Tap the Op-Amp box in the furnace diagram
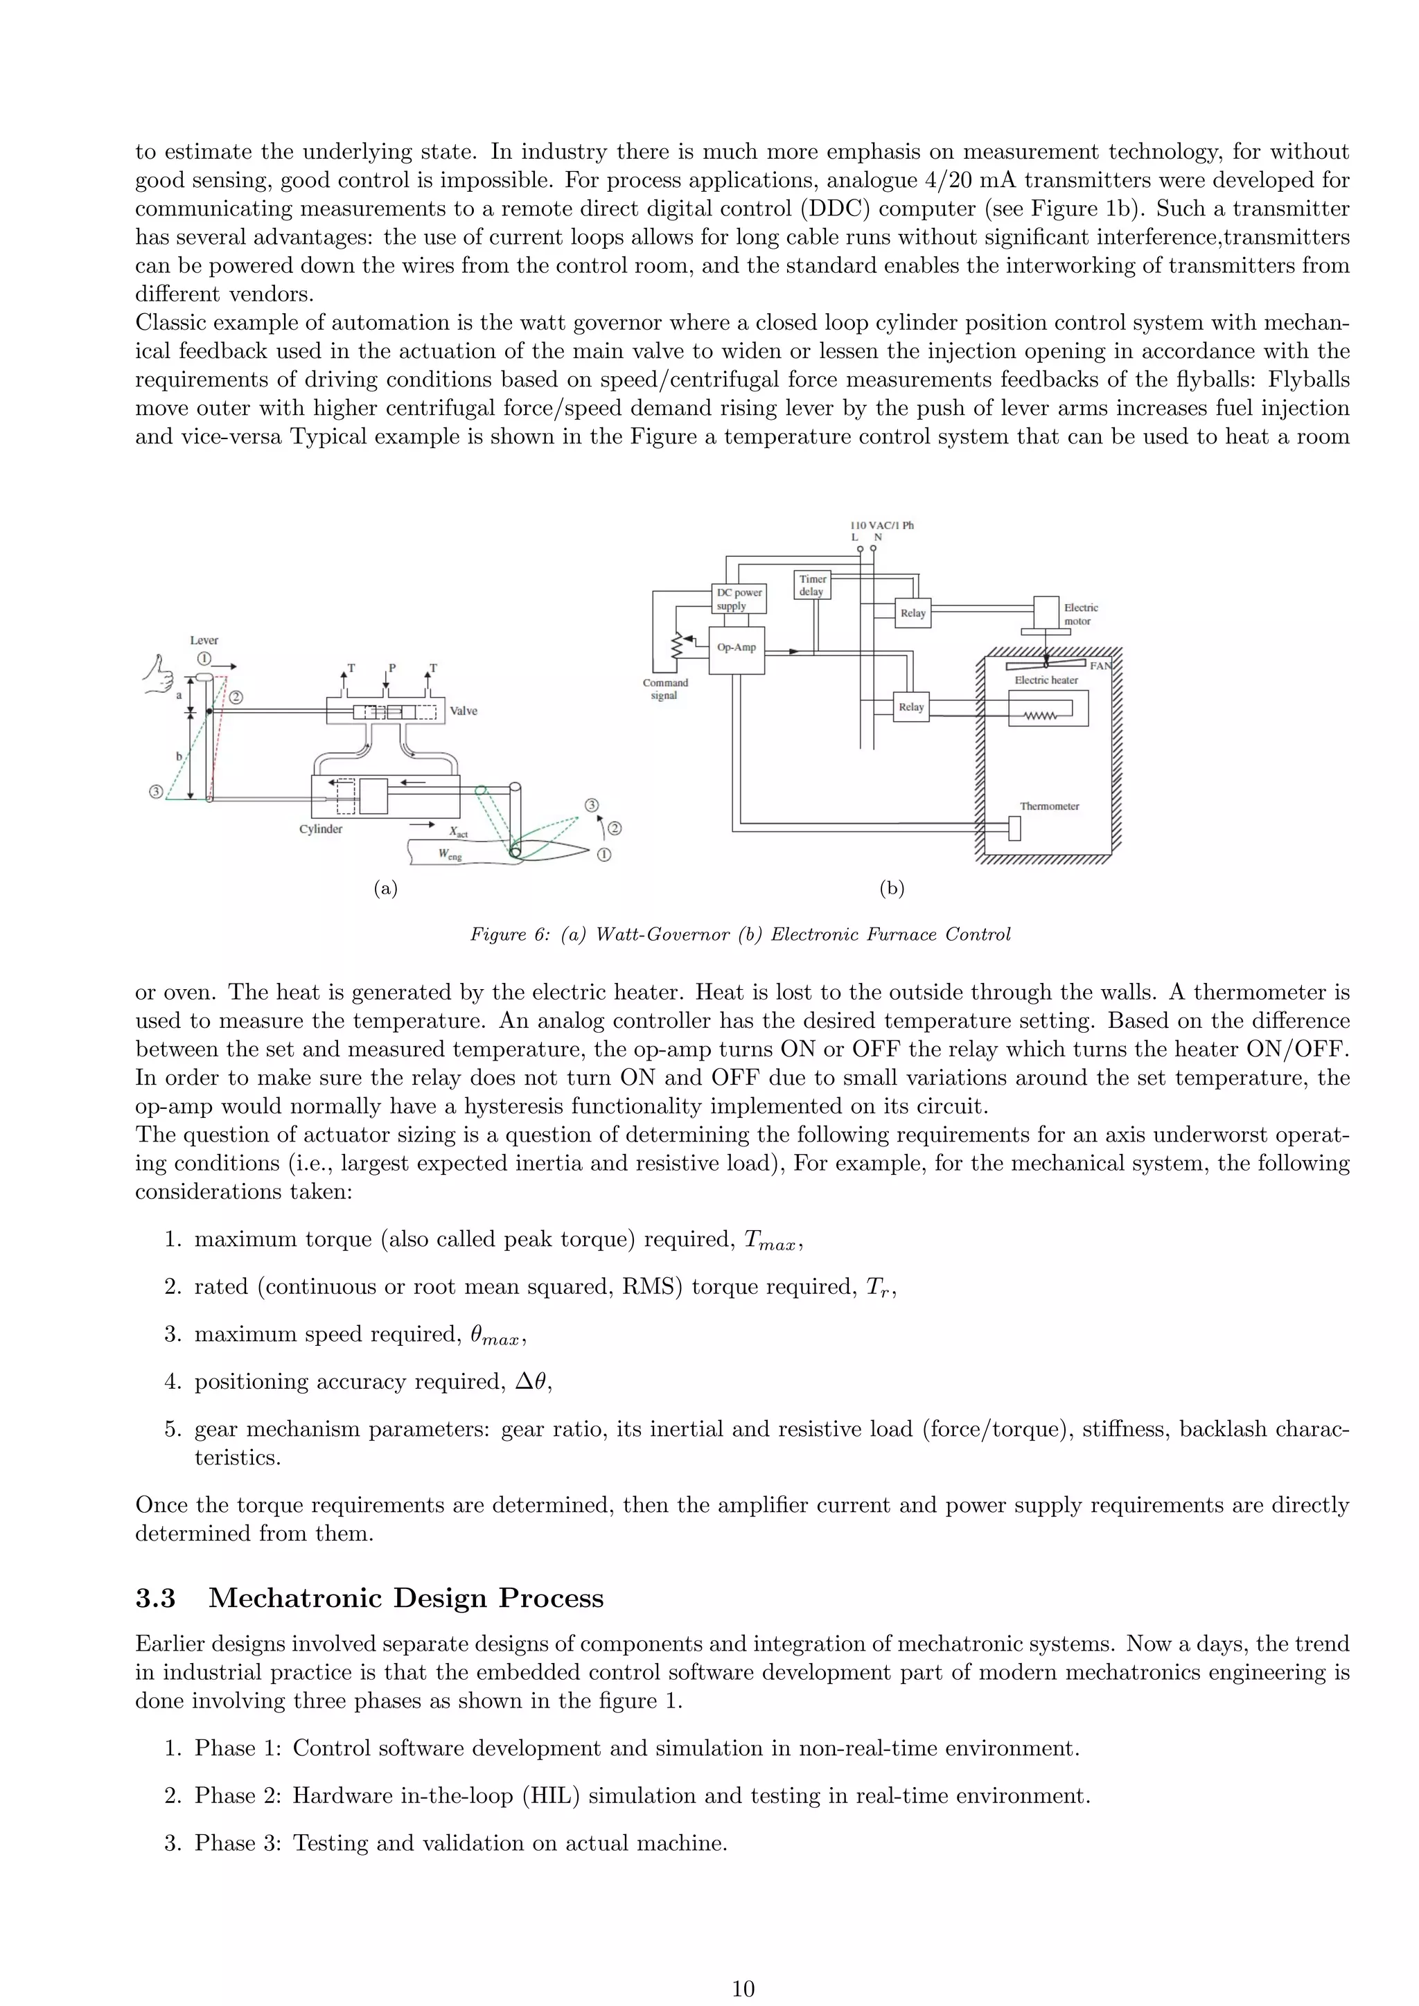[x=737, y=649]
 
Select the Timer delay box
[x=812, y=585]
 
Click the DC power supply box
[x=739, y=598]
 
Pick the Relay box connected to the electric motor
[x=913, y=613]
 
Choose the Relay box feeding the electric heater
[x=910, y=707]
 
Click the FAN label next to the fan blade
[x=1100, y=666]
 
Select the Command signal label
[x=665, y=689]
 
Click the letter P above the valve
[x=391, y=668]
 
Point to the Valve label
[x=463, y=711]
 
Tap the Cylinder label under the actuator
[x=321, y=829]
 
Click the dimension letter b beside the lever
[x=179, y=756]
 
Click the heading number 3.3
[x=155, y=1598]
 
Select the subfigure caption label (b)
[x=891, y=889]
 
